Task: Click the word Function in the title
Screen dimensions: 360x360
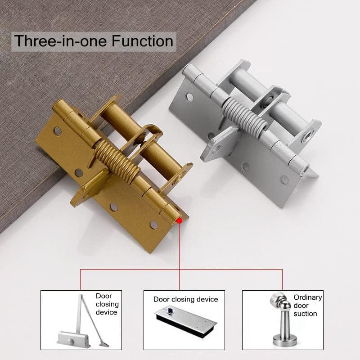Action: click(x=142, y=41)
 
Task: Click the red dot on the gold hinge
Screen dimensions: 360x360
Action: click(x=180, y=220)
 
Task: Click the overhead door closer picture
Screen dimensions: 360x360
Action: click(x=83, y=321)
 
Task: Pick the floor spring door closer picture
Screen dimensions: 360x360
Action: click(x=185, y=322)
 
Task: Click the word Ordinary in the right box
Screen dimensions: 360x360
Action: click(x=308, y=297)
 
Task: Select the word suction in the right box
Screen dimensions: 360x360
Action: click(x=305, y=314)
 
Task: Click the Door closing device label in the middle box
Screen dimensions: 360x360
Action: click(x=185, y=299)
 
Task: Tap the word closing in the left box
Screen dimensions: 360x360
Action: click(x=107, y=304)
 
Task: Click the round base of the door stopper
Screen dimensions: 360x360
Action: click(x=285, y=342)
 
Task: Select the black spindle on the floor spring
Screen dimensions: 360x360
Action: click(x=170, y=310)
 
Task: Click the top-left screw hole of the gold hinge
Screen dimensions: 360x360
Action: click(x=58, y=131)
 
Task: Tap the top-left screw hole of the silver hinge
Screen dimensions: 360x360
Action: click(x=190, y=97)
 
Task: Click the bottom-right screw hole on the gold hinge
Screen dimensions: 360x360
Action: click(x=153, y=225)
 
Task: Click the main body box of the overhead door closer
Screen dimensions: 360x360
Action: click(x=72, y=339)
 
